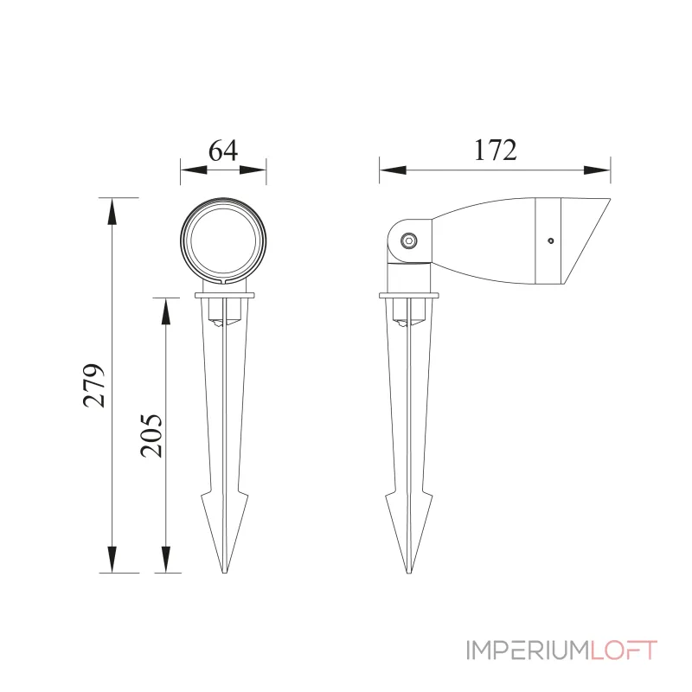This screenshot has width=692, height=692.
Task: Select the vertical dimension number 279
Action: click(x=95, y=385)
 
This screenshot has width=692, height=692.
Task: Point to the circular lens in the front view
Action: click(x=223, y=240)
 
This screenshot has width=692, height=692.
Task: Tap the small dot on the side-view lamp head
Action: click(x=548, y=241)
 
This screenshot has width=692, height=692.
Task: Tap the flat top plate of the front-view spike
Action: click(x=224, y=297)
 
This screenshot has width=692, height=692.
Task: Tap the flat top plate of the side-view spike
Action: click(x=410, y=297)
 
